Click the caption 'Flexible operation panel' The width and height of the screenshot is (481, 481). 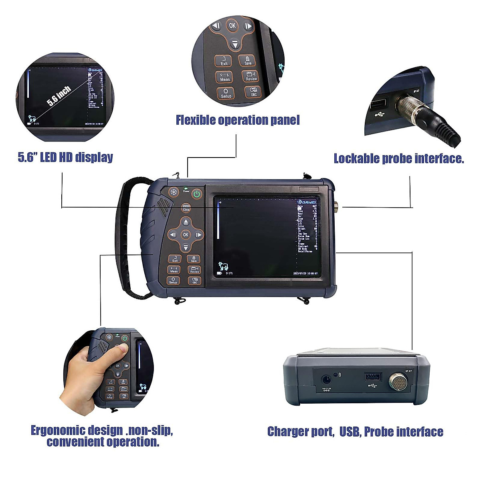(238, 120)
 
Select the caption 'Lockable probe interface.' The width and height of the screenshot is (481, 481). (399, 159)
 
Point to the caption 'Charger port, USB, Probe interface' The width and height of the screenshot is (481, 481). (355, 432)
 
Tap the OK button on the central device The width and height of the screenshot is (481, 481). (186, 234)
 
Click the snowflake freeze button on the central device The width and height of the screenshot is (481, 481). (174, 193)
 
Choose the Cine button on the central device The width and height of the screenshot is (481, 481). (186, 208)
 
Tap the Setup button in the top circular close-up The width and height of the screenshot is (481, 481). (226, 93)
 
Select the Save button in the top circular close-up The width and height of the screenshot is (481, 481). (248, 61)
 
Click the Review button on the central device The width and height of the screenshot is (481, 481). (195, 270)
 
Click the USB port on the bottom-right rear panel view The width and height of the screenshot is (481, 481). (373, 377)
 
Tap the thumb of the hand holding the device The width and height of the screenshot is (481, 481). (116, 353)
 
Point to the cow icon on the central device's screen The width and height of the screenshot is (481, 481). (223, 266)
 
